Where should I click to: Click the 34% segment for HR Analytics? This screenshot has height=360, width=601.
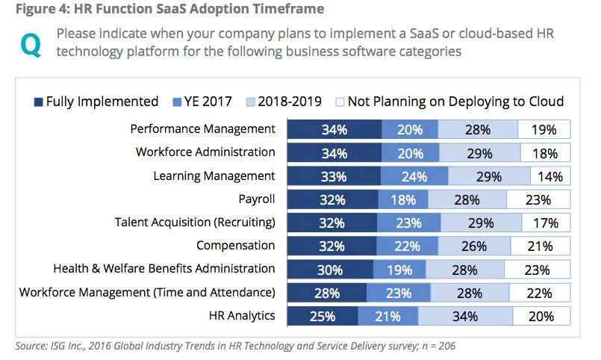pos(464,317)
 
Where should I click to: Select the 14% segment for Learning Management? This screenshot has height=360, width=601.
pos(550,176)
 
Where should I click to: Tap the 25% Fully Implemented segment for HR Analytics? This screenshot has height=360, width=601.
pos(323,317)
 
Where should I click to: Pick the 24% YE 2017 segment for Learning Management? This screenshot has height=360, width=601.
pos(415,176)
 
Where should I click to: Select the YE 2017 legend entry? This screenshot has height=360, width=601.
pos(202,102)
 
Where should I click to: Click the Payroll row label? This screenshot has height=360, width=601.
pos(256,199)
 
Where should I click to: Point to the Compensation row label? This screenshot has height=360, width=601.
pos(236,246)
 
